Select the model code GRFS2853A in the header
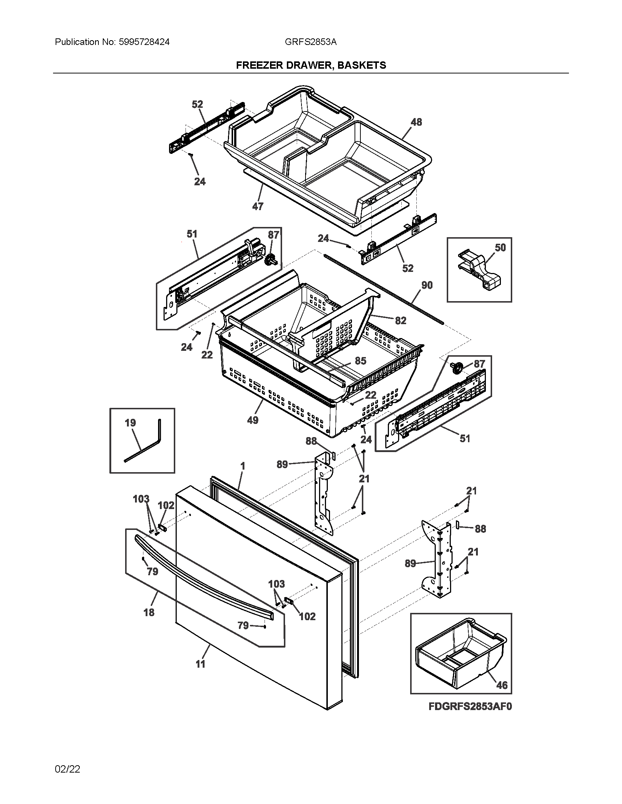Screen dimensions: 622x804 [310, 42]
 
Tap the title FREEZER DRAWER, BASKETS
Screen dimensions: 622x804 [311, 65]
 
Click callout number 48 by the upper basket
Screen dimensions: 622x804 [416, 122]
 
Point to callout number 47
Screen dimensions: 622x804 [258, 206]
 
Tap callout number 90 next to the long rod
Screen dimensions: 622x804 [427, 285]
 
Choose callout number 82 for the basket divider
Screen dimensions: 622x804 [401, 321]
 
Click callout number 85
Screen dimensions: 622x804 [360, 361]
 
